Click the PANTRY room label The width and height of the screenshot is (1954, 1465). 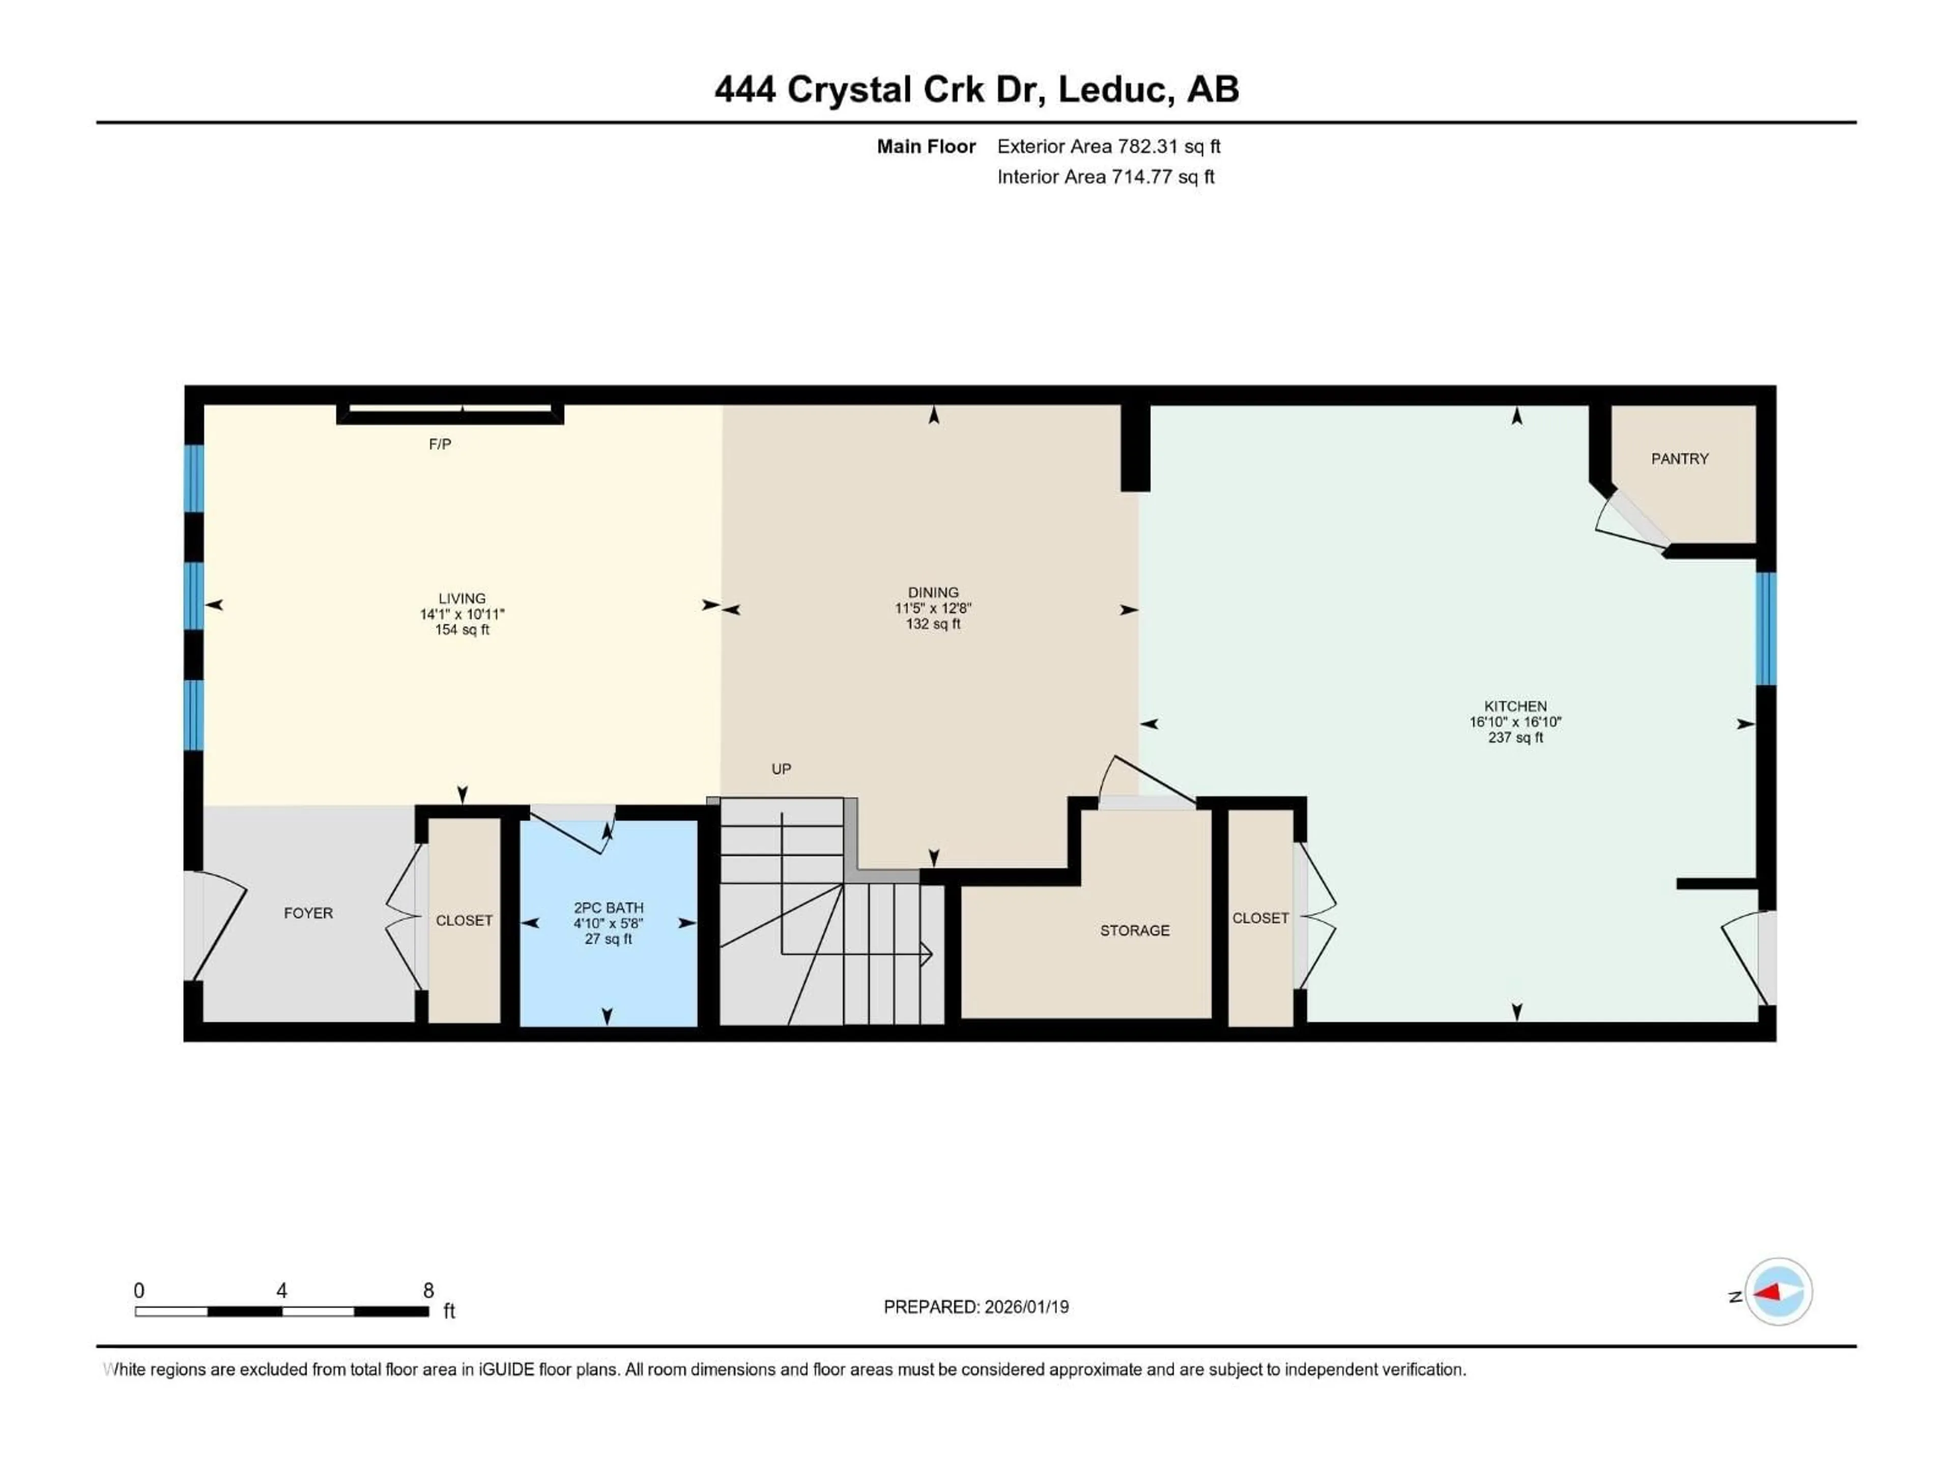pyautogui.click(x=1679, y=458)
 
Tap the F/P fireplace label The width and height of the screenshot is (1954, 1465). pyautogui.click(x=440, y=444)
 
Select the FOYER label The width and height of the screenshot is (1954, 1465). pyautogui.click(x=308, y=913)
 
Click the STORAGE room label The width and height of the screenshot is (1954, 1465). pyautogui.click(x=1134, y=931)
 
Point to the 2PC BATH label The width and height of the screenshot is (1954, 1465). pyautogui.click(x=609, y=908)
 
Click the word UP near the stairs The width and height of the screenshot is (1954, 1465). pyautogui.click(x=781, y=769)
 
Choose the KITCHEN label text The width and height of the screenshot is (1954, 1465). pyautogui.click(x=1515, y=707)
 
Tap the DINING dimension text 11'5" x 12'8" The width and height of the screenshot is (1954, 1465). pyautogui.click(x=933, y=608)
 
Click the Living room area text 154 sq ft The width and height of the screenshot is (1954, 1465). pyautogui.click(x=462, y=630)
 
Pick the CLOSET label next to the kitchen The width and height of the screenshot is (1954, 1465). pyautogui.click(x=1260, y=918)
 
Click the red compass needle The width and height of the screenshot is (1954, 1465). pyautogui.click(x=1769, y=1293)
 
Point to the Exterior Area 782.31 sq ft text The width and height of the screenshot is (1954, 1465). pyautogui.click(x=1109, y=146)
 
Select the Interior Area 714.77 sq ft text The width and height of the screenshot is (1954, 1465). pyautogui.click(x=1105, y=177)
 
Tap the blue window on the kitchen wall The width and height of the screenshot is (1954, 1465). pyautogui.click(x=1765, y=629)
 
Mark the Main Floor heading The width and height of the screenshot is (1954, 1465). pyautogui.click(x=926, y=146)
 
